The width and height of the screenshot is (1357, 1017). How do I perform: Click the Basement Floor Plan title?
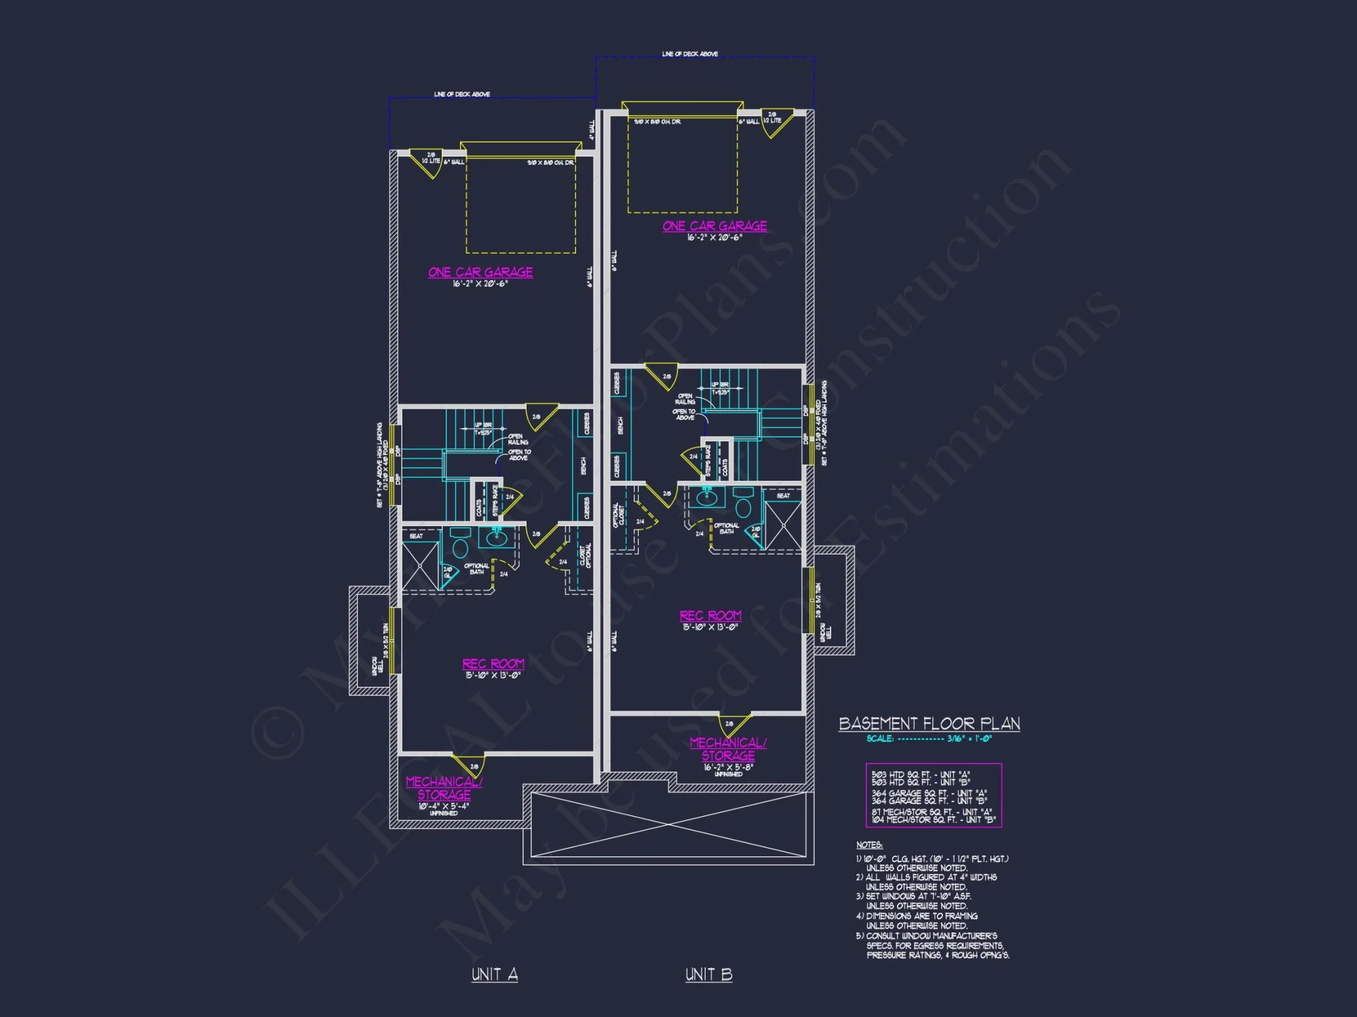pyautogui.click(x=929, y=723)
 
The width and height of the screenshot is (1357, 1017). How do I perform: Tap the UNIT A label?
pyautogui.click(x=495, y=974)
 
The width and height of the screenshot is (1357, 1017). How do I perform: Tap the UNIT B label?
pyautogui.click(x=708, y=974)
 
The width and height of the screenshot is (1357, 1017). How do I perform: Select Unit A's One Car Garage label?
pyautogui.click(x=480, y=272)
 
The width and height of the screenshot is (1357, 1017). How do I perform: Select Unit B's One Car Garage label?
pyautogui.click(x=714, y=226)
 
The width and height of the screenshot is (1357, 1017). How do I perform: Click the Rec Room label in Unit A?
pyautogui.click(x=493, y=664)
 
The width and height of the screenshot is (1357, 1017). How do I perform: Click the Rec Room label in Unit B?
pyautogui.click(x=710, y=616)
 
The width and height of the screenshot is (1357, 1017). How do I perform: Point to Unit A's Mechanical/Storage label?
pyautogui.click(x=444, y=788)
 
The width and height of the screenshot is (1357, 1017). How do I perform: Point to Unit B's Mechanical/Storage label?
pyautogui.click(x=728, y=749)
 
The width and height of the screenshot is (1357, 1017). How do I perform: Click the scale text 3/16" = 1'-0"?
pyautogui.click(x=969, y=739)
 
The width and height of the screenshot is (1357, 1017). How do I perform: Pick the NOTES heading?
pyautogui.click(x=869, y=845)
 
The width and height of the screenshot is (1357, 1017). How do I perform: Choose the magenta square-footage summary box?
pyautogui.click(x=934, y=796)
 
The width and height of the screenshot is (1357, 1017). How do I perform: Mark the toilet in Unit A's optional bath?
pyautogui.click(x=461, y=544)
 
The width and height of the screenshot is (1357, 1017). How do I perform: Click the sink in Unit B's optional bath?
pyautogui.click(x=706, y=498)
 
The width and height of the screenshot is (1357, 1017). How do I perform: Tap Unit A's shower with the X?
pyautogui.click(x=420, y=565)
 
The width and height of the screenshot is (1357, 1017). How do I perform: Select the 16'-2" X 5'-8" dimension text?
pyautogui.click(x=728, y=767)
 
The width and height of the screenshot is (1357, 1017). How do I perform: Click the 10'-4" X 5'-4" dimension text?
pyautogui.click(x=444, y=806)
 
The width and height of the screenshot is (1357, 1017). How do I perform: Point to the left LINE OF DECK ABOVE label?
pyautogui.click(x=462, y=94)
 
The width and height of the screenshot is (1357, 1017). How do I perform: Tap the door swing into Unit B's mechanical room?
pyautogui.click(x=734, y=725)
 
